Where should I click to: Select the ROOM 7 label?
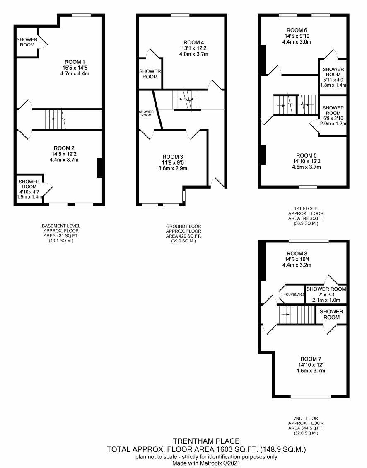(310, 359)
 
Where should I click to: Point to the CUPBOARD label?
(295, 294)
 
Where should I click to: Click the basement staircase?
(56, 119)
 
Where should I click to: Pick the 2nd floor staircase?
(297, 315)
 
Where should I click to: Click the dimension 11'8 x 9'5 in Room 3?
(173, 162)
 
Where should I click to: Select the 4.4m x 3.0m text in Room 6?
(297, 42)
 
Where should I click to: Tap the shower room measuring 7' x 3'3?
(326, 294)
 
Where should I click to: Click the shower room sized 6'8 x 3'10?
(333, 116)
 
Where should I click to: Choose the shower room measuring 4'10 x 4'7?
(29, 189)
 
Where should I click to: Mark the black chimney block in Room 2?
(99, 168)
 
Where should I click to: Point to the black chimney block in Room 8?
(263, 261)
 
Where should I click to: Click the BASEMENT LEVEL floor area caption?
(61, 233)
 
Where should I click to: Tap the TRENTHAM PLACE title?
(206, 441)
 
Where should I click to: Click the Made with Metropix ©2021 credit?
(206, 463)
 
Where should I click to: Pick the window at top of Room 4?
(180, 15)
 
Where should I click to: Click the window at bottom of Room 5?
(308, 187)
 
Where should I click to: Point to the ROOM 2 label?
(64, 148)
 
